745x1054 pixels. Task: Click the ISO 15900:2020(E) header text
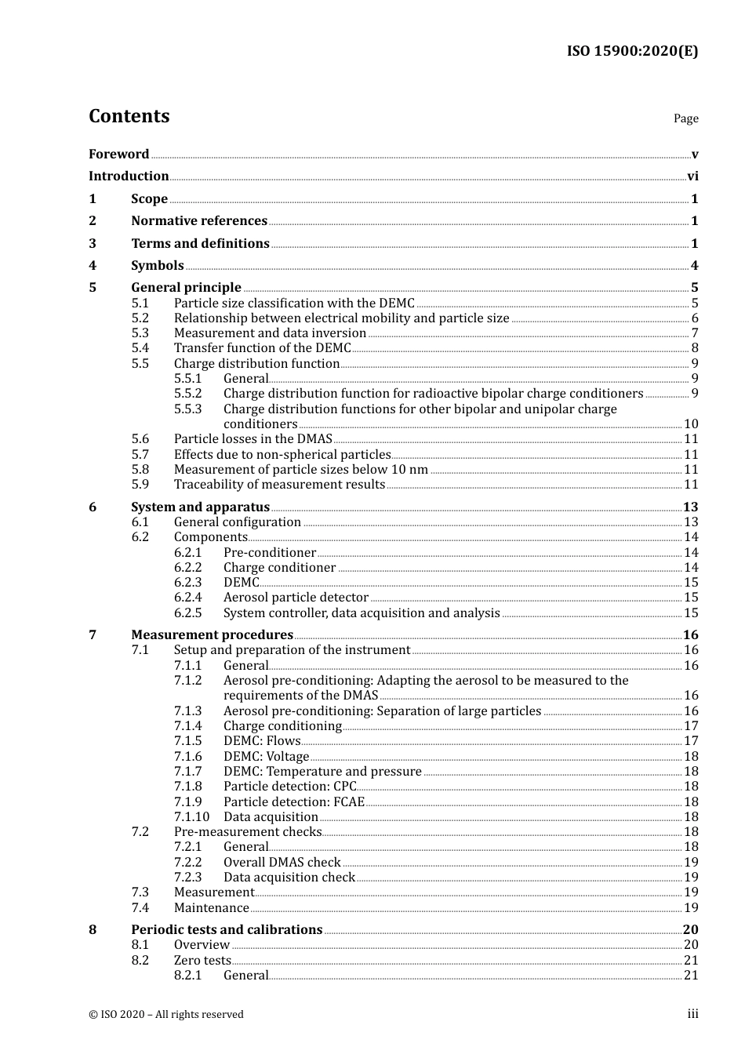[x=632, y=51]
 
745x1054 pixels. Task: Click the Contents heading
[x=129, y=116]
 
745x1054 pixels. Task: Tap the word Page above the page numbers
[x=685, y=118]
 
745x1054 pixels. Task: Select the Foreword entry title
[x=118, y=154]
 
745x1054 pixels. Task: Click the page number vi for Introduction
[x=692, y=176]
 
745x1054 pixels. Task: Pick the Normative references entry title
[x=199, y=221]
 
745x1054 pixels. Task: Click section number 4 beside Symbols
[x=93, y=266]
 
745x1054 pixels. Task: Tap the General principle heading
[x=186, y=288]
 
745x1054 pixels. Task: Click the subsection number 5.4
[x=140, y=348]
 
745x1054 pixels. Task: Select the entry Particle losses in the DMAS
[x=253, y=439]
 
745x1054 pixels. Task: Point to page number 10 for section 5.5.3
[x=691, y=424]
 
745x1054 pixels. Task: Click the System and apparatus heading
[x=200, y=507]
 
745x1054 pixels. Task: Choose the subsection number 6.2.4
[x=187, y=598]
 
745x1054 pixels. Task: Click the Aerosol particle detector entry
[x=296, y=598]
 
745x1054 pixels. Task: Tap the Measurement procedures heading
[x=212, y=635]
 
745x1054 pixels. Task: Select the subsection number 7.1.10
[x=191, y=817]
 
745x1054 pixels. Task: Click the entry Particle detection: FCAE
[x=294, y=802]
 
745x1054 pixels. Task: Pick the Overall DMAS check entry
[x=282, y=863]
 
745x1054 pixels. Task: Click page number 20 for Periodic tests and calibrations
[x=690, y=930]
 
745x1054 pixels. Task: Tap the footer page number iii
[x=692, y=1014]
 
